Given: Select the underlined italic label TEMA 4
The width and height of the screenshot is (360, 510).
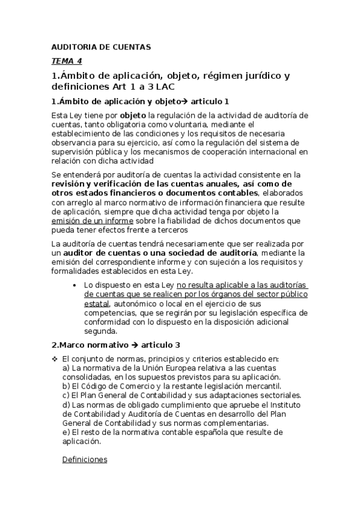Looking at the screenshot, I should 67,61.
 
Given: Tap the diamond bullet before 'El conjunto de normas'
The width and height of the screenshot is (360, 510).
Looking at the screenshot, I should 55,359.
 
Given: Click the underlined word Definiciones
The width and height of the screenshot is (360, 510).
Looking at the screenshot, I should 85,460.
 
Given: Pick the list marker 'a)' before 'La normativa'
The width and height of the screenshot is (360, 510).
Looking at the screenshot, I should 66,367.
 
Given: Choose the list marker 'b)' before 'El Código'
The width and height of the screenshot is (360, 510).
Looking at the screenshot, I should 66,386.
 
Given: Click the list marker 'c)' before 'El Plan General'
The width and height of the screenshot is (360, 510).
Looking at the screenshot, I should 66,395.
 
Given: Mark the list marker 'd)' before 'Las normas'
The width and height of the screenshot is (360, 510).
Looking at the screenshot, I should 66,405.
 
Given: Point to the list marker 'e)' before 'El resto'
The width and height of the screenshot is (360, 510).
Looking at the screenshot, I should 66,432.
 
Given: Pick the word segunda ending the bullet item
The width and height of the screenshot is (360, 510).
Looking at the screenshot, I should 100,331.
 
